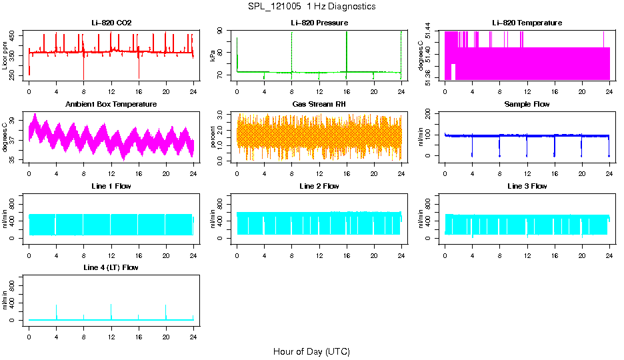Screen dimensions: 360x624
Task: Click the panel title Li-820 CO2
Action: tap(111, 23)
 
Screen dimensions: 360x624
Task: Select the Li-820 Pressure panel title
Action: tap(319, 23)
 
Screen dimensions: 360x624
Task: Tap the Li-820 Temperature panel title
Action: tap(527, 23)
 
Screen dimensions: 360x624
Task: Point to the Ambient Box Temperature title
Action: tap(111, 105)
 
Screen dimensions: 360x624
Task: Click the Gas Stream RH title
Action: tap(319, 105)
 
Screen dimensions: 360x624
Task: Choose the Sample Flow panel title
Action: tap(527, 105)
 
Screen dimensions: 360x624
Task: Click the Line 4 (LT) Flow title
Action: tap(111, 267)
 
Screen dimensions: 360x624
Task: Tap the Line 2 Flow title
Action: tap(319, 186)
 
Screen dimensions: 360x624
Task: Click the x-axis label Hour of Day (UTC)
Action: tap(311, 351)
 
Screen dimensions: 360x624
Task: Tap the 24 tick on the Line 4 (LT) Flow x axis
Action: tap(193, 331)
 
